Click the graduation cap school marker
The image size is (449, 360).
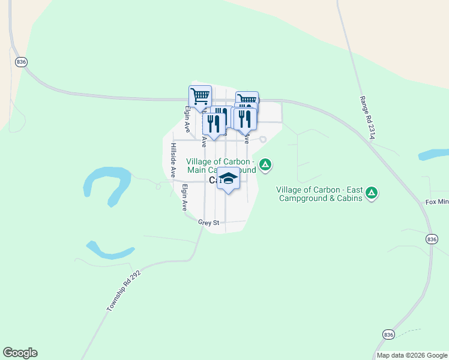pos(229,179)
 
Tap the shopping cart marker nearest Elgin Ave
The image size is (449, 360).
pos(200,96)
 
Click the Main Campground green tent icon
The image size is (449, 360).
pos(265,164)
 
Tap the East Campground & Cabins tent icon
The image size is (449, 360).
pos(372,193)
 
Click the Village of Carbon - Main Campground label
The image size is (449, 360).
pos(221,166)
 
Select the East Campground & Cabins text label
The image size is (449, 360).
pos(319,194)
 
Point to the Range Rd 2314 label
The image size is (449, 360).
pos(367,118)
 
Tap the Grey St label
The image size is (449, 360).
pos(210,223)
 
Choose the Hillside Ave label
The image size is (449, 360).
pos(173,160)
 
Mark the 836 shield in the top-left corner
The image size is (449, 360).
pos(22,62)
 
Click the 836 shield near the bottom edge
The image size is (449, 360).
pos(388,334)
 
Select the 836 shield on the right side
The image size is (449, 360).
pos(431,239)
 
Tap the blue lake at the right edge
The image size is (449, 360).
pos(433,155)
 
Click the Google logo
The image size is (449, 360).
pos(20,353)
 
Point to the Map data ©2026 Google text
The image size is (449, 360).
pos(412,355)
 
